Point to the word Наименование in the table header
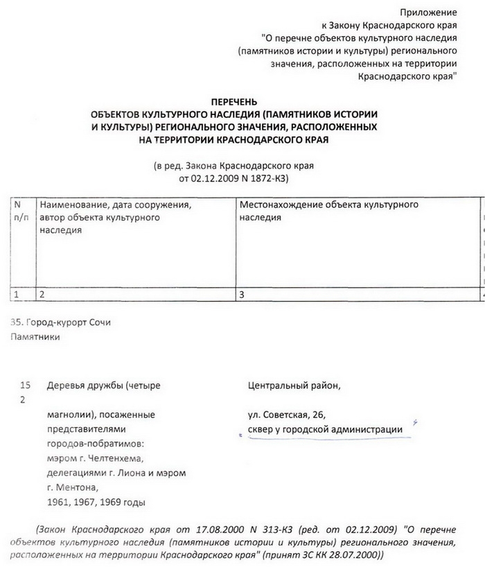point(71,206)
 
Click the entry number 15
point(26,385)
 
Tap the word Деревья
point(65,385)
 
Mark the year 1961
point(58,501)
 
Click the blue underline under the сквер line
point(326,438)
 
